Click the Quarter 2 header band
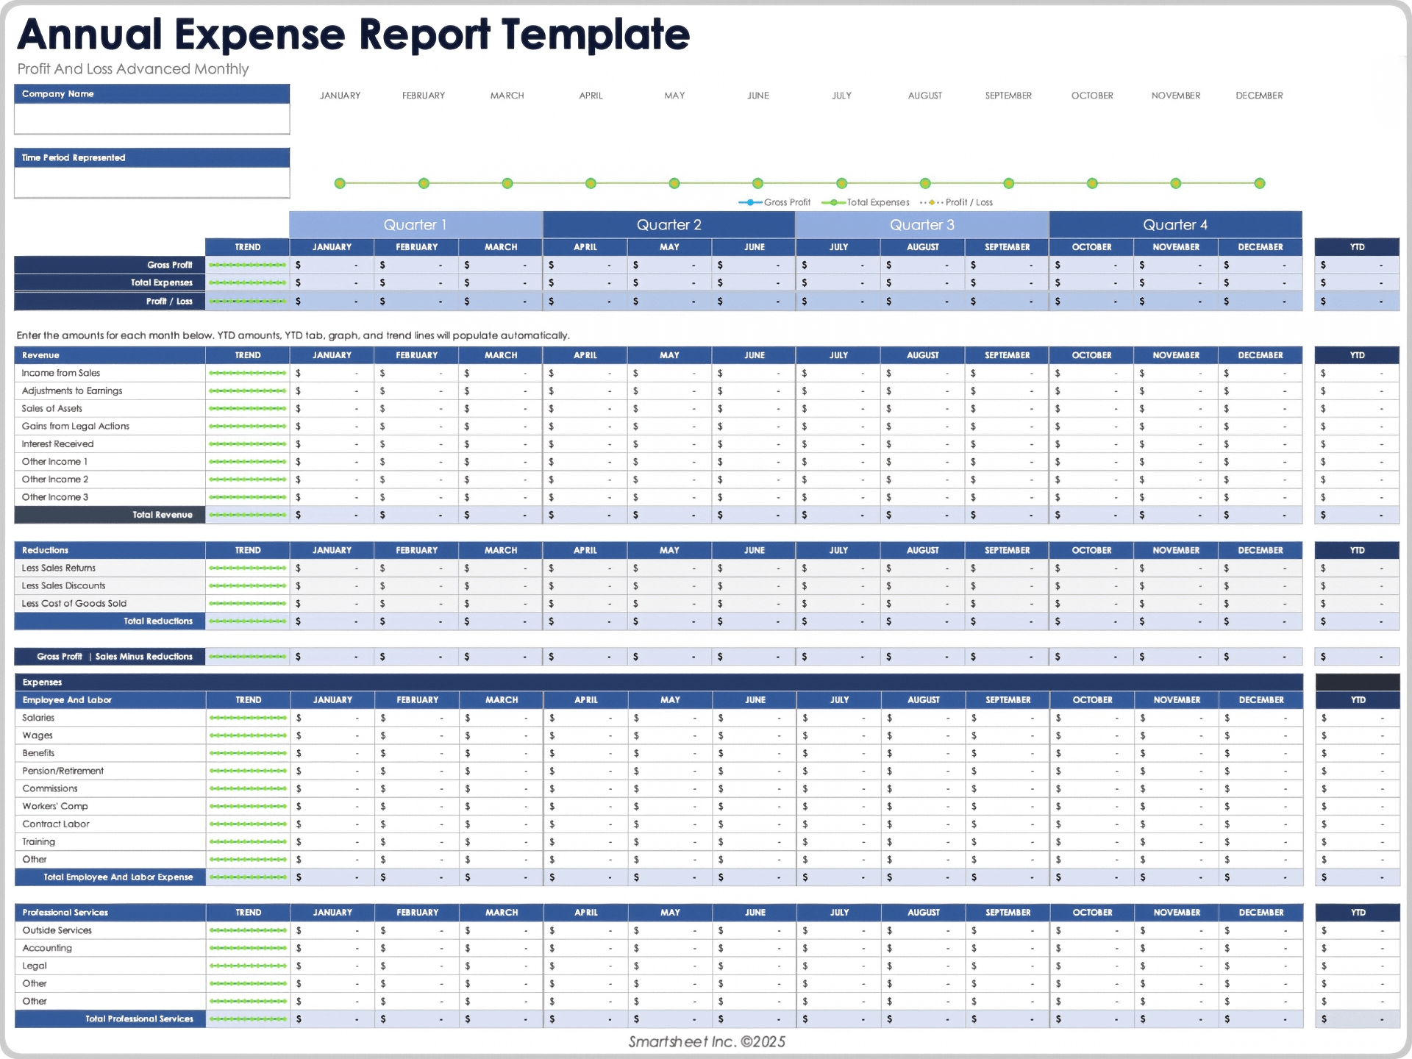[x=668, y=225]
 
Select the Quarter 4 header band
[x=1174, y=225]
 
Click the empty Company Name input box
[x=151, y=118]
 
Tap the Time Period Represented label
[x=74, y=157]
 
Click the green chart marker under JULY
[x=841, y=183]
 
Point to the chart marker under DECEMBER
[x=1259, y=183]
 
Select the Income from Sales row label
[x=61, y=373]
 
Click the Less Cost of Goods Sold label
[x=74, y=603]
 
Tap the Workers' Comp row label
[x=55, y=806]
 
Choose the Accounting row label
[x=47, y=948]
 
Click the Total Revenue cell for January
[x=331, y=515]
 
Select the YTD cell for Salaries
[x=1356, y=718]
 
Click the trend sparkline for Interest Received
[x=247, y=444]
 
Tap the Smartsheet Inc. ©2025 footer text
[x=707, y=1041]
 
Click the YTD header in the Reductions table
[x=1357, y=550]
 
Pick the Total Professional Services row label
[x=139, y=1019]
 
